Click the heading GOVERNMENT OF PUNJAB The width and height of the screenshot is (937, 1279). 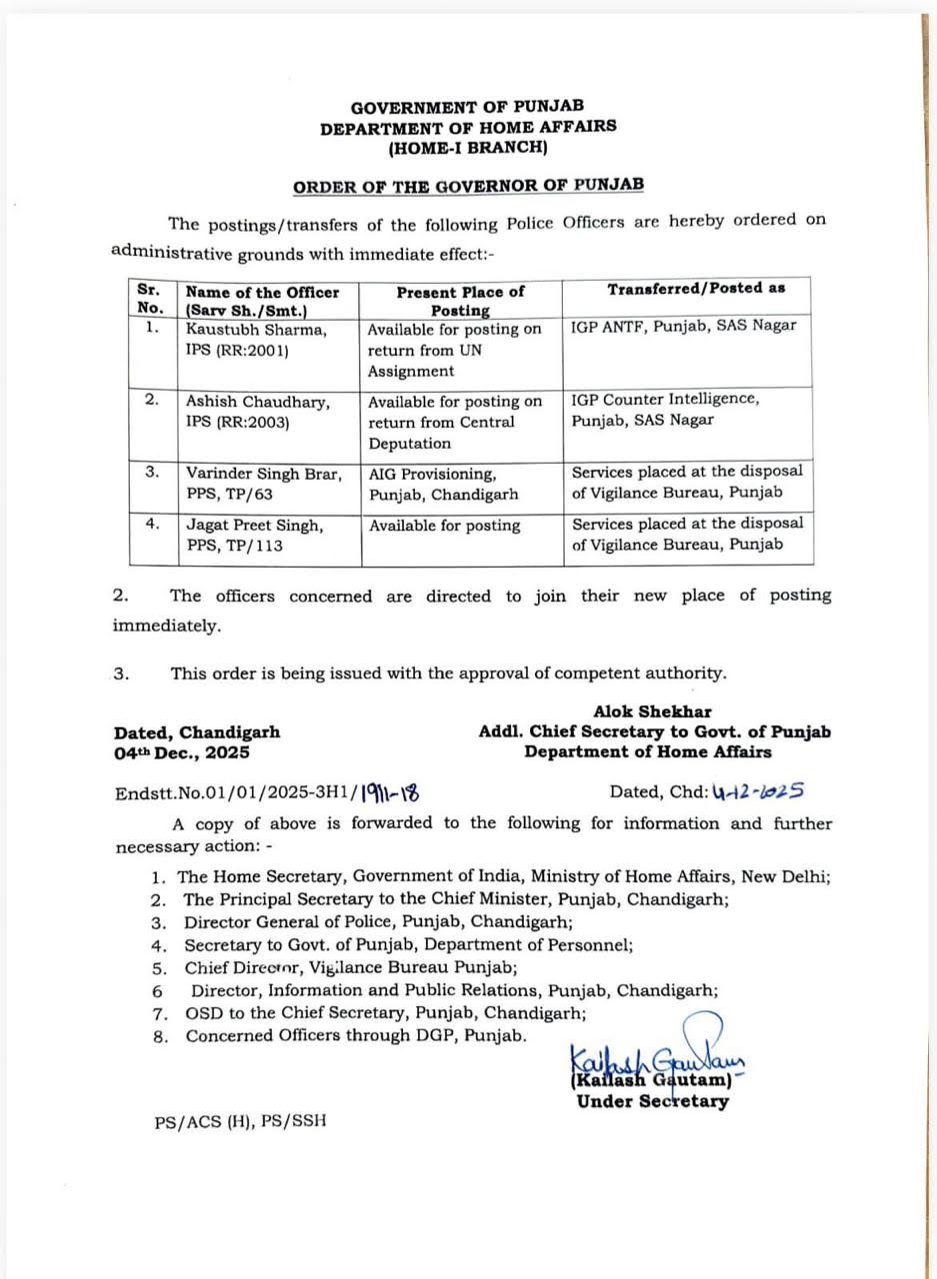click(x=467, y=106)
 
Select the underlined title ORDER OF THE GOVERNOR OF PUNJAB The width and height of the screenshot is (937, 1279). click(x=468, y=185)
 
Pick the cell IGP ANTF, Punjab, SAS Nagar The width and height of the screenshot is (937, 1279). click(x=684, y=326)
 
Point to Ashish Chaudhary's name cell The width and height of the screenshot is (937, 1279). click(x=257, y=401)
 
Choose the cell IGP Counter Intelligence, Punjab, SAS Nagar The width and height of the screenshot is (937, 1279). click(x=665, y=409)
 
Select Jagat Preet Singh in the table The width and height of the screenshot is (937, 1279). click(x=254, y=525)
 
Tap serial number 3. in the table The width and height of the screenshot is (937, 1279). click(x=151, y=472)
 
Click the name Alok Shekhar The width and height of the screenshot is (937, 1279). click(x=652, y=711)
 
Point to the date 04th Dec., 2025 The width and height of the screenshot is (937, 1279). click(x=182, y=752)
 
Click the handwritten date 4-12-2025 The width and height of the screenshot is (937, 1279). click(x=758, y=791)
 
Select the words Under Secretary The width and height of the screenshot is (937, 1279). click(x=652, y=1101)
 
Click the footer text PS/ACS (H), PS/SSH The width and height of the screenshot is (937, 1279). click(x=240, y=1121)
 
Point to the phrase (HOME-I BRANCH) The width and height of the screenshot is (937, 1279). click(x=468, y=148)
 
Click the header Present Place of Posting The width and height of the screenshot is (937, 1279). click(x=460, y=301)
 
